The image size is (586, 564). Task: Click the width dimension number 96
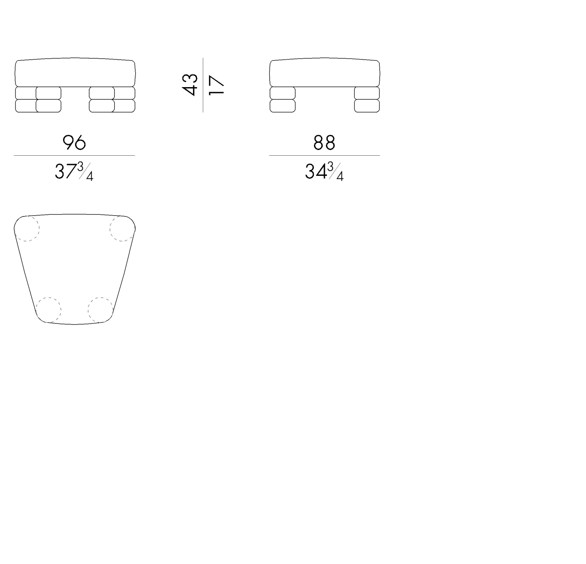74,142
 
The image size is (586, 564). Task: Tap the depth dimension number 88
324,142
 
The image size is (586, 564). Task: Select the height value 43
190,85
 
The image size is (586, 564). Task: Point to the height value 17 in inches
216,85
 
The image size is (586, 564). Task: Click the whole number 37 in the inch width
66,171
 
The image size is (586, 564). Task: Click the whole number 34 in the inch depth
316,171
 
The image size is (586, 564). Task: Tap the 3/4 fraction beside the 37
85,171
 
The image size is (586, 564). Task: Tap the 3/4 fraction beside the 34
335,171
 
